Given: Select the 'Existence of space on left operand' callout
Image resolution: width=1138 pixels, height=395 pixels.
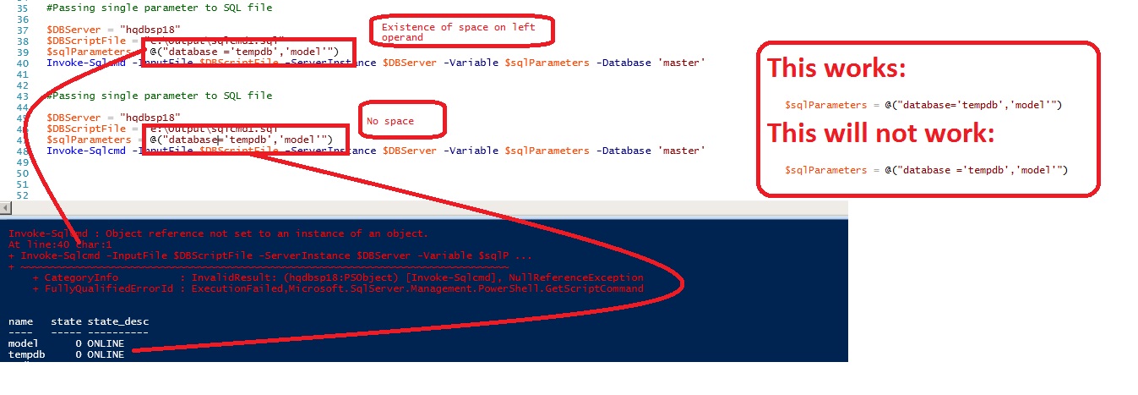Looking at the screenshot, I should coord(464,33).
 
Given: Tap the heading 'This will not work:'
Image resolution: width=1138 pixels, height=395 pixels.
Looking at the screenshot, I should coord(880,134).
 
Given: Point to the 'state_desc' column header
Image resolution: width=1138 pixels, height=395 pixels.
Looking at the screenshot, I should coord(117,321).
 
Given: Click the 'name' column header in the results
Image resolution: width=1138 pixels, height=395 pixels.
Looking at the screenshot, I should coord(21,321).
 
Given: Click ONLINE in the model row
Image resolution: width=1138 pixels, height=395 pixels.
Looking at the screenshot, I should coord(106,343).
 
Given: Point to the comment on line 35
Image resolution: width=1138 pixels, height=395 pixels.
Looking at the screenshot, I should coord(159,7).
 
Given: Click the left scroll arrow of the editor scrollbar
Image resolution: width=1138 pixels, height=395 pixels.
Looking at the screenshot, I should coord(5,208).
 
